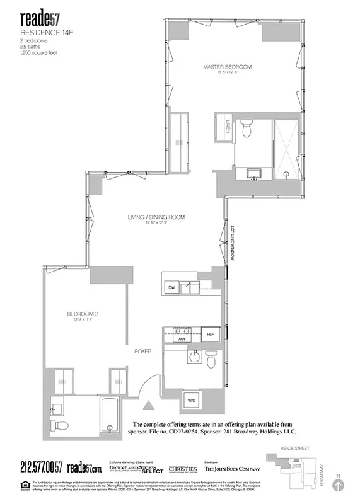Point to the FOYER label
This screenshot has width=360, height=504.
[142, 351]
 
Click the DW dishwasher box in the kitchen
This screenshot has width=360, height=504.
[171, 287]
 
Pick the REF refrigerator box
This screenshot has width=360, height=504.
[210, 336]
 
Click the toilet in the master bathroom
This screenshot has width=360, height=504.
[248, 128]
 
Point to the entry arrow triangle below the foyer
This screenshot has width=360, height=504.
[149, 407]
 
